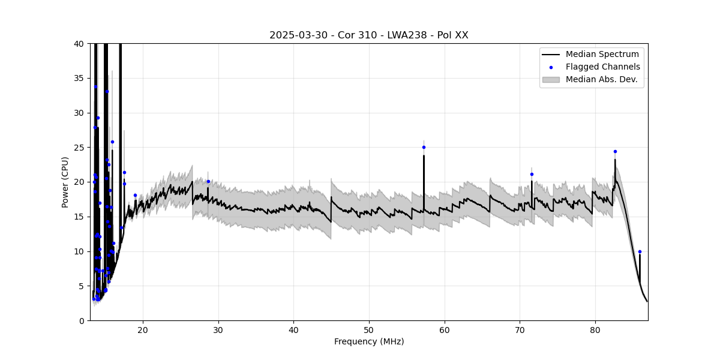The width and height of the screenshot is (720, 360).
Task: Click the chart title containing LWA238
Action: coord(368,35)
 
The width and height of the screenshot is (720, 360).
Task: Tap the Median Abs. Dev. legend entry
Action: coord(601,79)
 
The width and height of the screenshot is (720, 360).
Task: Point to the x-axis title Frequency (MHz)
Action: coord(369,341)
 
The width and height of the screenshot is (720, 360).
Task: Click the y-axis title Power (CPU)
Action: coord(65,182)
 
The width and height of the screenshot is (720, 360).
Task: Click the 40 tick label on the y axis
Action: coord(79,44)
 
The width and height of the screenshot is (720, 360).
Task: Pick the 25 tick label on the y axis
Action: coord(79,148)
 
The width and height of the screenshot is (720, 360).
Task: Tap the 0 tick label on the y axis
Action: coord(81,320)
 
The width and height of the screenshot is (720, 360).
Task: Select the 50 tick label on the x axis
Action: coord(369,330)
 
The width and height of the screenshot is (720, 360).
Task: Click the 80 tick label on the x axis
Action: coord(595,330)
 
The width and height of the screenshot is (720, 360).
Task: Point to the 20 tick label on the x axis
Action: coord(143,330)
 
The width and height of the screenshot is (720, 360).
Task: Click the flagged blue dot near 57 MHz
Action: coord(424,147)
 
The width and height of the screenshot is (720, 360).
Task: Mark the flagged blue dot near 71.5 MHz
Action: coord(532,174)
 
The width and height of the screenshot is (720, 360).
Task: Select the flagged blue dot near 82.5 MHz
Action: coord(615,151)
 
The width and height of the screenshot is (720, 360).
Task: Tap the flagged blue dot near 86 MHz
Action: coord(640,251)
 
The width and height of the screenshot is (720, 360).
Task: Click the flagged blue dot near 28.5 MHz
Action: coord(208,181)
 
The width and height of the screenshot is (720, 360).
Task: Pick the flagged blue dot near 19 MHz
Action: coord(135,195)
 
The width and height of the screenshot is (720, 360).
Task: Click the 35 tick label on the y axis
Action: coord(79,79)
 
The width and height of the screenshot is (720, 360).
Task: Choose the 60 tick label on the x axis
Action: coord(445,330)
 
